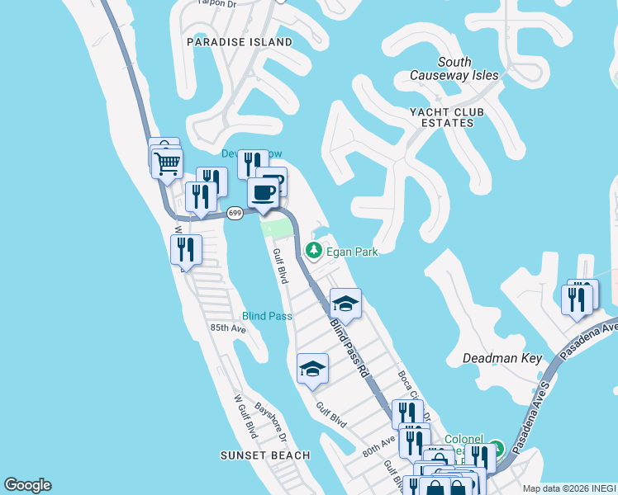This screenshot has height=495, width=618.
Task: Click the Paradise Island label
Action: click(240, 42)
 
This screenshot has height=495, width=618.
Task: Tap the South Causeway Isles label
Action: click(454, 68)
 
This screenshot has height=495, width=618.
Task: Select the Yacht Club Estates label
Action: click(445, 117)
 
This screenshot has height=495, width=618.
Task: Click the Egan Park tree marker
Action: click(313, 249)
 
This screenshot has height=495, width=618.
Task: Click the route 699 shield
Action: click(235, 213)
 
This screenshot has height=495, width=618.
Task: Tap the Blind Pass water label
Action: click(267, 316)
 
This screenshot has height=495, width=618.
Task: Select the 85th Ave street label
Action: click(228, 328)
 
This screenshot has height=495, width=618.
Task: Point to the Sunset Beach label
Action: click(265, 455)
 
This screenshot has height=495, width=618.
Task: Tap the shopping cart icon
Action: click(167, 163)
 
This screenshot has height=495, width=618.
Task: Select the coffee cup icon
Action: click(264, 193)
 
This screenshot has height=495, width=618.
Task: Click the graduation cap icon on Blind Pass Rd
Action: click(345, 304)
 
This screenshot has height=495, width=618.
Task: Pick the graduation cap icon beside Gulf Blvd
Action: click(312, 369)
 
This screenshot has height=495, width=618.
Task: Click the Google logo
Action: click(27, 485)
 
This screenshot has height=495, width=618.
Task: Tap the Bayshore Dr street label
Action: click(270, 418)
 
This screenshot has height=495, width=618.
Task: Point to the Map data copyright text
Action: click(569, 488)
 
